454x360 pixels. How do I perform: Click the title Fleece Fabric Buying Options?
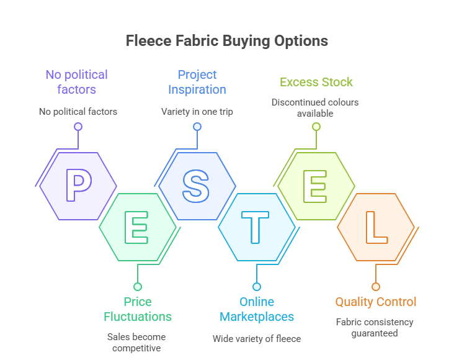coord(226,42)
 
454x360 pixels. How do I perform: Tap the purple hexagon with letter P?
coord(78,186)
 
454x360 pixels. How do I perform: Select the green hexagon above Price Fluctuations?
coord(138,227)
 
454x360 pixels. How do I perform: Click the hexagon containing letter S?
coord(197,186)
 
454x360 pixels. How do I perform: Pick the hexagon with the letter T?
coord(256,227)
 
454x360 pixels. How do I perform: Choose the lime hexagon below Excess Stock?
coord(316,186)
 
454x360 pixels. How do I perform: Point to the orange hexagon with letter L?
coord(375,227)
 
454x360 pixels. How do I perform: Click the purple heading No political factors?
coord(76,82)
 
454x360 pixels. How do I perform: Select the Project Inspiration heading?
coord(197,82)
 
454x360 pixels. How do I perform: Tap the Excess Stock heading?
coord(316,82)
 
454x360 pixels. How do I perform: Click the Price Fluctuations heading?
coord(138,309)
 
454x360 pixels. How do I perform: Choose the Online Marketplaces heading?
coord(257,309)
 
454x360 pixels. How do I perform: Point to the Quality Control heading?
coord(376,302)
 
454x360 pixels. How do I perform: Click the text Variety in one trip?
coord(197,112)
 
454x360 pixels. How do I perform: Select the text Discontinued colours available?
coord(315,107)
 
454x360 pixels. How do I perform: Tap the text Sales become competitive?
coord(138,342)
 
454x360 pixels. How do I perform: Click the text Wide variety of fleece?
coord(257,339)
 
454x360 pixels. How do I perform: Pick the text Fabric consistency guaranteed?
coord(375,328)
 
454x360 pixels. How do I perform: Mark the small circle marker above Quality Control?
coord(375,287)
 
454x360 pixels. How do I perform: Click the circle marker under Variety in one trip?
coord(197,127)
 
